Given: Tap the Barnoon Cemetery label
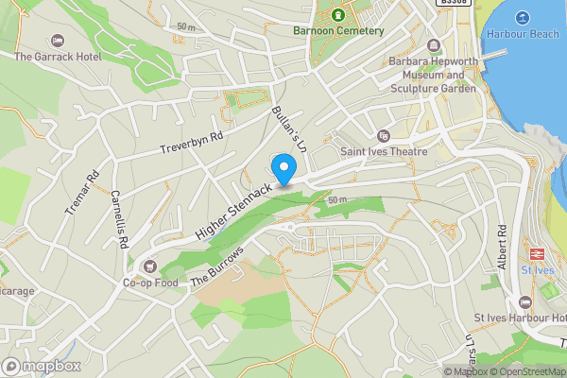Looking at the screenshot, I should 338,31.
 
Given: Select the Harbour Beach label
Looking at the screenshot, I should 522,34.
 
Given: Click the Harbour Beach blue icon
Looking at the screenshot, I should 522,16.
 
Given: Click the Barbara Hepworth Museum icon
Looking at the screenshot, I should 434,44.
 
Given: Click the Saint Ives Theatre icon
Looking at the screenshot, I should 383,136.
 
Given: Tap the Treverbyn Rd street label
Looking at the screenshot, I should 191,142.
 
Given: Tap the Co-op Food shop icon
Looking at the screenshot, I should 150,266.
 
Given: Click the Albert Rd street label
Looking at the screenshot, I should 502,245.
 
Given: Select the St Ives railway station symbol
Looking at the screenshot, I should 537,254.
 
